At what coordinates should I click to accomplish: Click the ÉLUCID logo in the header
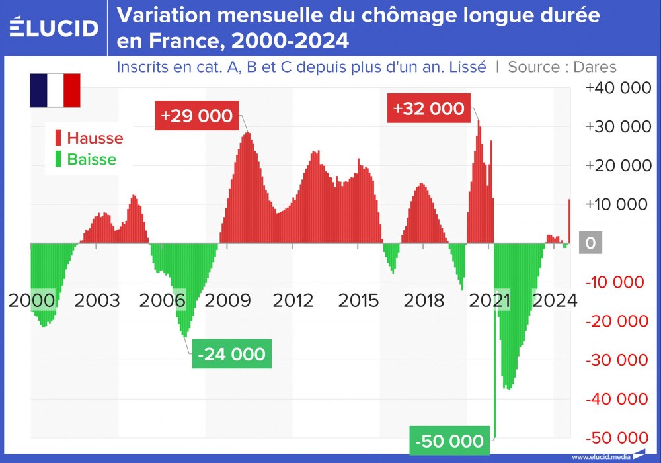click(54, 28)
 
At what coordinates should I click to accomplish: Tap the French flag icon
click(55, 91)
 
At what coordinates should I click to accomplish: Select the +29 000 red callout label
click(196, 116)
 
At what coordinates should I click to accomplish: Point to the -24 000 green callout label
click(231, 354)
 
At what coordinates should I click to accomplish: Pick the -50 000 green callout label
click(450, 441)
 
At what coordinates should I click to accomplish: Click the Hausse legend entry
click(89, 138)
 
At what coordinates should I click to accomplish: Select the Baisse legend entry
click(85, 159)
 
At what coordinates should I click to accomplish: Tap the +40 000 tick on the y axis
click(617, 87)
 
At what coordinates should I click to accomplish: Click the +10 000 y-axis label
click(617, 204)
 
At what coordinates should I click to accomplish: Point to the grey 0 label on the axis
click(590, 243)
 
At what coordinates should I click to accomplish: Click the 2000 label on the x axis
click(31, 300)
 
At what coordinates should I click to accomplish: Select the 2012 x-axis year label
click(293, 300)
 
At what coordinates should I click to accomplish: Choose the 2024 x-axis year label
click(555, 300)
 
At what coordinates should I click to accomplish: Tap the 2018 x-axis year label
click(424, 300)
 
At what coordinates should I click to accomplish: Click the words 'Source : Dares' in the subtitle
click(562, 67)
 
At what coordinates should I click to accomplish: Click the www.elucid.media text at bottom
click(600, 457)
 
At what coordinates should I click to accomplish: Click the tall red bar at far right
click(570, 221)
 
